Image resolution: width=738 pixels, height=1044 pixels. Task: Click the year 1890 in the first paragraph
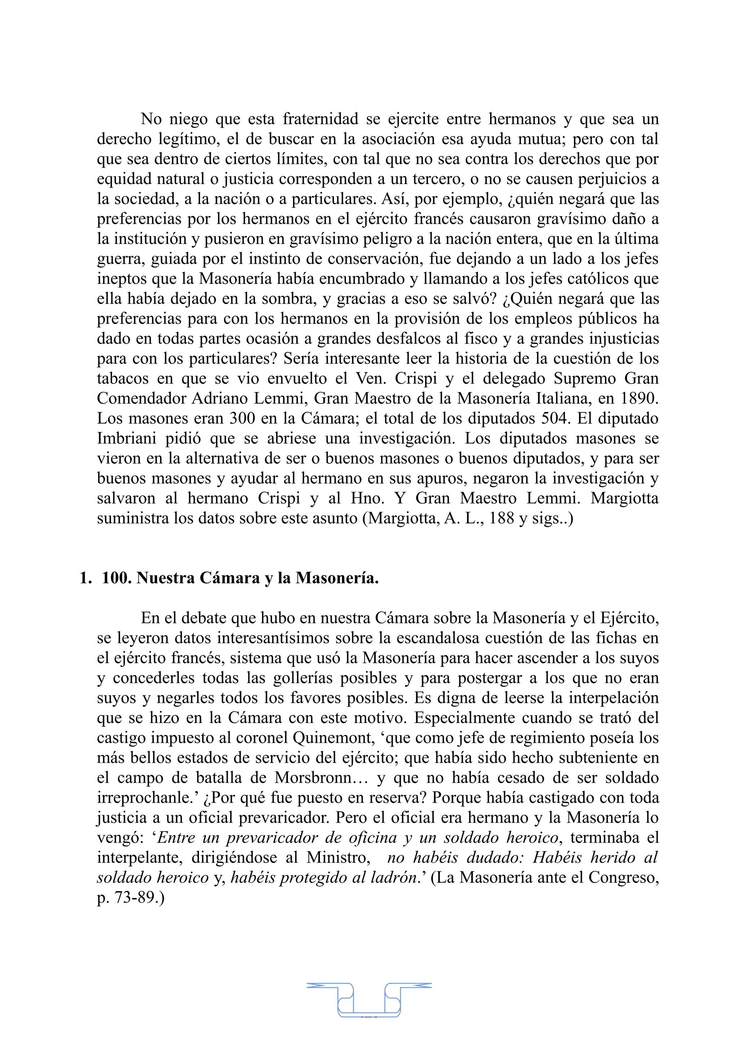(x=639, y=398)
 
